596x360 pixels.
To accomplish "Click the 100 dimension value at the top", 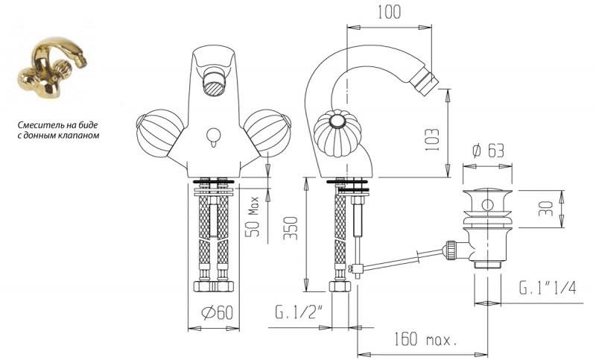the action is tap(389, 12).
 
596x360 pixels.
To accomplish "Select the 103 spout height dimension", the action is tap(432, 140).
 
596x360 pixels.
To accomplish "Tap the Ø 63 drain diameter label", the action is tap(488, 151).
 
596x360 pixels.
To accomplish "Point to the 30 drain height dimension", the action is tap(546, 209).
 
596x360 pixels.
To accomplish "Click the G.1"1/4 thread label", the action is tap(548, 288).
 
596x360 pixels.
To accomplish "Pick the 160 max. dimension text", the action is tap(425, 338).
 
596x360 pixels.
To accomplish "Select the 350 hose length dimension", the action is tap(291, 228).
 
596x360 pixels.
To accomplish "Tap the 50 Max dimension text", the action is tap(253, 216).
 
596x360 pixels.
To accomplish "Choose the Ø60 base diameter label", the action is tap(217, 312).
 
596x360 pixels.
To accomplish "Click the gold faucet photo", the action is tap(52, 68).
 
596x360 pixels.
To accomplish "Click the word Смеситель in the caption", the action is tap(37, 125).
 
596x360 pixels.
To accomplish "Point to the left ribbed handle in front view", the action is tap(159, 132).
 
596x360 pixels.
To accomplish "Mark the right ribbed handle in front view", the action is tap(267, 132).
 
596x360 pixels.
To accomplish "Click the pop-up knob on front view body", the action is tap(213, 137).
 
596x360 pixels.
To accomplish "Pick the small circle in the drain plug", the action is tap(487, 205).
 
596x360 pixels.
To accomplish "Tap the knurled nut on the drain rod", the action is tap(451, 250).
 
